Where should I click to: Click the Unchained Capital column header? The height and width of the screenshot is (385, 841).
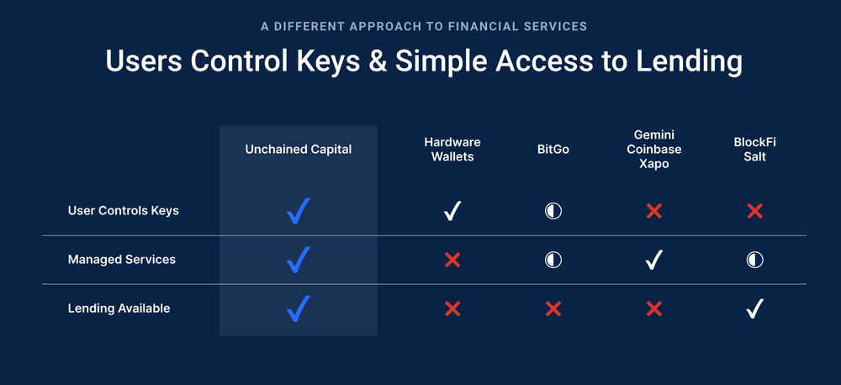coord(299,150)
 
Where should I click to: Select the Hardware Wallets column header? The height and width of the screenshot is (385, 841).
coord(452,149)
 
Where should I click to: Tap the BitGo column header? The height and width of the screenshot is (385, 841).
coord(553,150)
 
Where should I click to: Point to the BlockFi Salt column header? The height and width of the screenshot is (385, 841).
coord(754,149)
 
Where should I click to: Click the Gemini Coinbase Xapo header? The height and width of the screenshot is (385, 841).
coord(653,149)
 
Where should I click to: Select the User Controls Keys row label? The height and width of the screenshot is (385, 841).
coord(124,211)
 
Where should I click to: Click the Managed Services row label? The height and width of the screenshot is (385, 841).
coord(122,260)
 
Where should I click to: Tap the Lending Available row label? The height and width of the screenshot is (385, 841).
coord(119,309)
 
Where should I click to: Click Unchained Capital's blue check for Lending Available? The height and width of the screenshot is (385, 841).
coord(298,309)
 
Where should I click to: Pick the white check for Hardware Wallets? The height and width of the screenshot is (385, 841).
coord(452,211)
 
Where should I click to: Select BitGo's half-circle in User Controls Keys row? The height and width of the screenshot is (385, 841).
coord(553,211)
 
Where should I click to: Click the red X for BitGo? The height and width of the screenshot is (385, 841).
coord(553,309)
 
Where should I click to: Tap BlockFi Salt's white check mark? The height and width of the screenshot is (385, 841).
coord(754,309)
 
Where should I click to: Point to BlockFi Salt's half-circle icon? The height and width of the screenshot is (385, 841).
coord(754,260)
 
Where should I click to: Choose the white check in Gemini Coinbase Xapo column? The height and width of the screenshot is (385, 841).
coord(653,260)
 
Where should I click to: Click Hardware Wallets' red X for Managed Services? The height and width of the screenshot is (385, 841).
coord(452,260)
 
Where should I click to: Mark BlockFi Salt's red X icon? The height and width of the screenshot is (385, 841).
coord(754,211)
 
